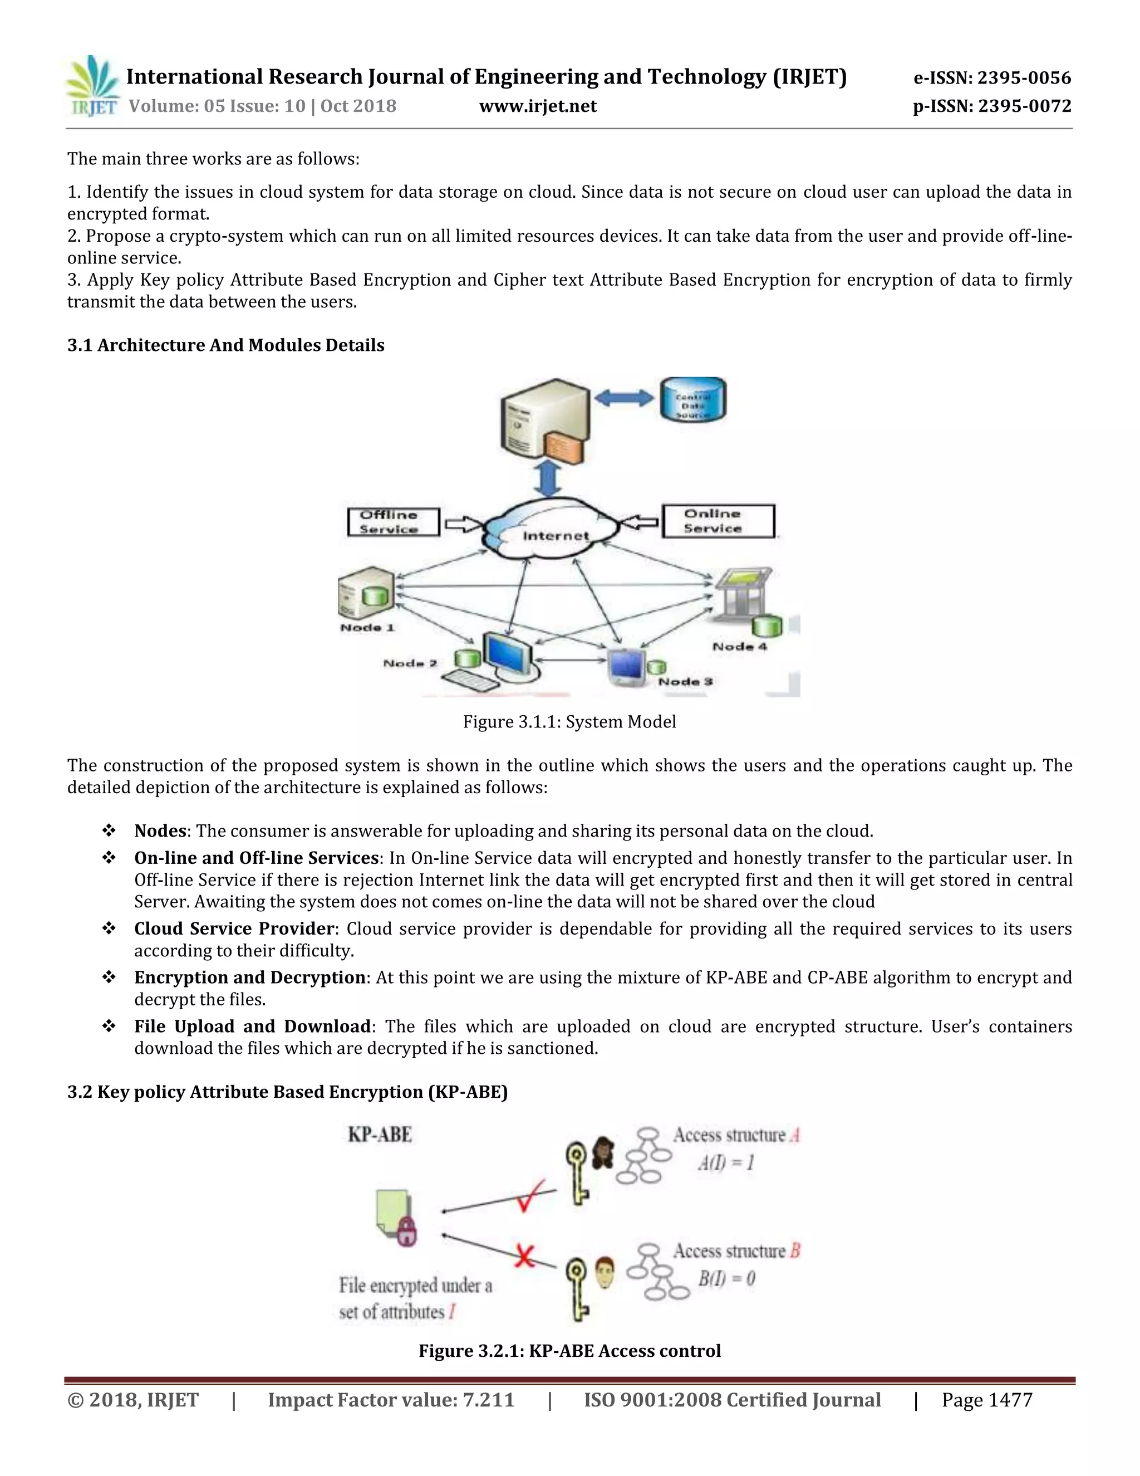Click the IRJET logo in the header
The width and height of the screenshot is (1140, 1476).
[92, 86]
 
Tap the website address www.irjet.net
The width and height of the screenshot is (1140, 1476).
[538, 106]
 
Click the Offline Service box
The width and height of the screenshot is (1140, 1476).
[393, 522]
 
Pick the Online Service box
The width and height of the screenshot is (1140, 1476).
[718, 521]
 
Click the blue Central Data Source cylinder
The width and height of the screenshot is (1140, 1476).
[693, 399]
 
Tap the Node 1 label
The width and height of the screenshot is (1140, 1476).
[367, 628]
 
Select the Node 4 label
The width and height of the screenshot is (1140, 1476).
[740, 647]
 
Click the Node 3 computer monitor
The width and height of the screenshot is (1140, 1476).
[626, 666]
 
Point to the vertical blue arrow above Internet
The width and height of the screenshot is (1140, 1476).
[548, 478]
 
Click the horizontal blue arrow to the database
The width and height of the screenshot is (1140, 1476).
[625, 398]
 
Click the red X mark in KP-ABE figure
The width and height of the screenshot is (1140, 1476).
[524, 1257]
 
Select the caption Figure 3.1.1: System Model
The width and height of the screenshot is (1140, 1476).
[569, 722]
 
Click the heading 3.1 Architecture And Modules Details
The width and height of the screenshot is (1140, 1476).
[225, 345]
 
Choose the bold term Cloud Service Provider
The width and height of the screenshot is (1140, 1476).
[234, 928]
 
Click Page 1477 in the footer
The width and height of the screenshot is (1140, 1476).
[987, 1400]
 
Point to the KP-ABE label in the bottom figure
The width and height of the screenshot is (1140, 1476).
[380, 1135]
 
